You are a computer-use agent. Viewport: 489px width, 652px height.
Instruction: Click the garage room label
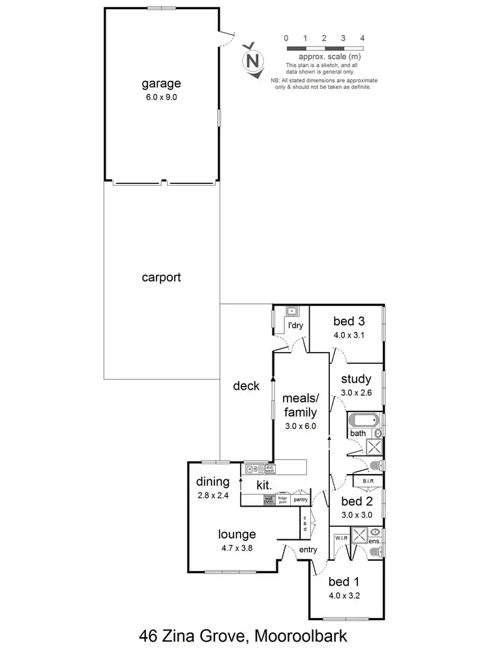click(161, 83)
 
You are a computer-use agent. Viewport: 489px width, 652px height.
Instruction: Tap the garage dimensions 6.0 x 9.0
click(161, 96)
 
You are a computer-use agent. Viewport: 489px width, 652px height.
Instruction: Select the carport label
click(161, 277)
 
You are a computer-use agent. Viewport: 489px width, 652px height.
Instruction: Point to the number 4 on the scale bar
click(362, 38)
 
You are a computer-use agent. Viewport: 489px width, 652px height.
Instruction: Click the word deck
click(246, 386)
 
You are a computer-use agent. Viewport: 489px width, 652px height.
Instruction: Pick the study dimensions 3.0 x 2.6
click(356, 393)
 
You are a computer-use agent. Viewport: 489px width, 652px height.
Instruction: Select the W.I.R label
click(340, 538)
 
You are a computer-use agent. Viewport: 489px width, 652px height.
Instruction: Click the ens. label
click(375, 541)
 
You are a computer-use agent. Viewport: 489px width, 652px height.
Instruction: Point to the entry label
click(307, 550)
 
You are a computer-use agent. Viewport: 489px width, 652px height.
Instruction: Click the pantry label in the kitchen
click(300, 499)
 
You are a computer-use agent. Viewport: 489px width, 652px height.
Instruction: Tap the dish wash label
click(269, 467)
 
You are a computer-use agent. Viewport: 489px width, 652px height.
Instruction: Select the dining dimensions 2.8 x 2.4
click(213, 496)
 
